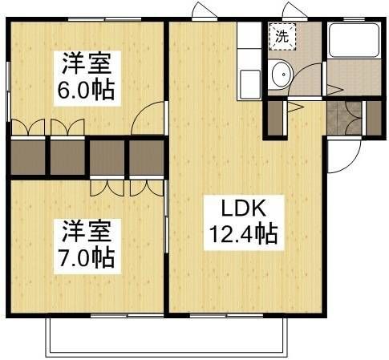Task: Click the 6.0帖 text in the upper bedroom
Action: pos(85,87)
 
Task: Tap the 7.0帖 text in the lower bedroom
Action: pos(85,257)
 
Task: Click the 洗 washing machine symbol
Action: pos(282,35)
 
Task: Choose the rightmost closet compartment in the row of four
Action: pos(147,157)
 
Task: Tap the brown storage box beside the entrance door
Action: pos(372,117)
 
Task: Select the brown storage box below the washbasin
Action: pos(275,117)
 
